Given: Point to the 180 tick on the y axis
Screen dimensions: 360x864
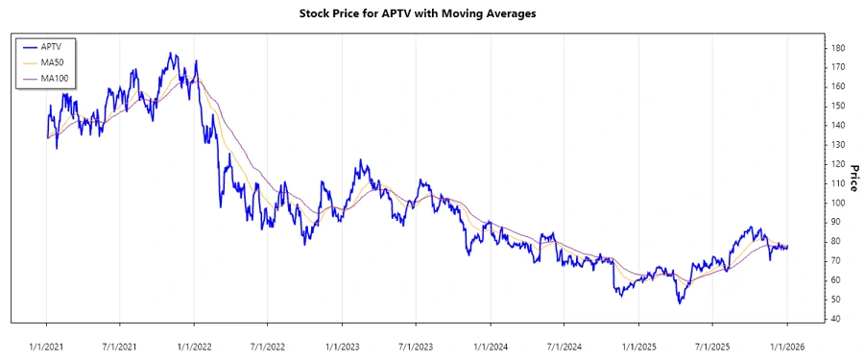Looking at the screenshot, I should pos(838,48).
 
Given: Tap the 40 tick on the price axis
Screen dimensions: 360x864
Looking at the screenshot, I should pos(836,319).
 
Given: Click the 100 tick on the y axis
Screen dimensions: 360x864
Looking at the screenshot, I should pos(838,203).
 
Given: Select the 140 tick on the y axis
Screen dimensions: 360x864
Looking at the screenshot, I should pos(838,126).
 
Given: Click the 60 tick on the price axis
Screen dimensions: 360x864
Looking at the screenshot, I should pos(836,280).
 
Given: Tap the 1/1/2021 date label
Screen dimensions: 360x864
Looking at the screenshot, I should pos(47,345).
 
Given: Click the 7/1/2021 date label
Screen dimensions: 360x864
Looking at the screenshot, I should pos(120,345).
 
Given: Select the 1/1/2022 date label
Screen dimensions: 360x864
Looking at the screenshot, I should pos(195,345).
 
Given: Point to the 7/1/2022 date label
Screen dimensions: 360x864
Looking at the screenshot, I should pos(268,345).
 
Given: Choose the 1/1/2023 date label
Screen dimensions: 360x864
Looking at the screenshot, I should pos(343,345).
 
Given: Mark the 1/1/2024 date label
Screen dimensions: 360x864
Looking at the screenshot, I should pos(491,345).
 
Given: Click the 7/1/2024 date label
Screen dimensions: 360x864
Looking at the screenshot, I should pos(564,345).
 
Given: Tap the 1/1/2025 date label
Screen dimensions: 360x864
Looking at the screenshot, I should pos(639,345).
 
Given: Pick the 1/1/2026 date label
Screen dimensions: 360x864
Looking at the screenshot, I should pos(787,345).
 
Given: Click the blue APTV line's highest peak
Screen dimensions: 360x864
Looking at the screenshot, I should pos(170,54).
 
